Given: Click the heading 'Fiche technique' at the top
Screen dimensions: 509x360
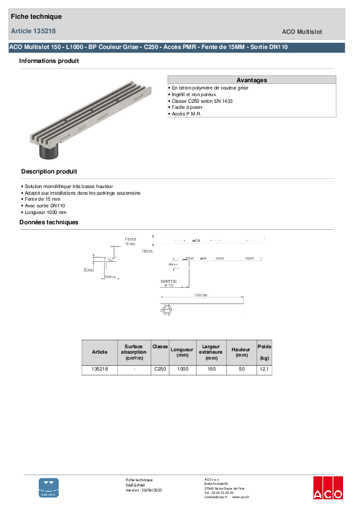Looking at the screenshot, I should tap(36, 17).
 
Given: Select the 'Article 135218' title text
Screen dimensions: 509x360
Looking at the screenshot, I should tap(34, 31).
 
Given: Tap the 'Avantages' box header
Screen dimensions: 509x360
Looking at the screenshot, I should tap(252, 80).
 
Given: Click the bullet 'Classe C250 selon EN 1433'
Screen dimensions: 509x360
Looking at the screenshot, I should tap(202, 101).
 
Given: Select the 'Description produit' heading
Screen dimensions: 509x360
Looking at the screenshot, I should tap(49, 172).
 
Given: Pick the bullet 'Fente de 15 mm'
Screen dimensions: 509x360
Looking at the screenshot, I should tap(42, 199).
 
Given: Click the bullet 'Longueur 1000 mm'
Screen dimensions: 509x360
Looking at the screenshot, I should tap(45, 212).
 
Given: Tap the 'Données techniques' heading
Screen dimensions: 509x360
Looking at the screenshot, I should tap(49, 222).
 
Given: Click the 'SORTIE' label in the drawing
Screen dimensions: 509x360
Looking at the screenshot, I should tap(168, 281).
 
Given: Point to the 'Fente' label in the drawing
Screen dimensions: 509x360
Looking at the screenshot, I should tap(130, 239).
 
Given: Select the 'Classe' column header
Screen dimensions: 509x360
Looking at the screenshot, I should tap(160, 346).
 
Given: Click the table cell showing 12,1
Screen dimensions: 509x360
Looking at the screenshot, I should tap(264, 369).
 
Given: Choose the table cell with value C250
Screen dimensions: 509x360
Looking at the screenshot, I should tap(160, 369).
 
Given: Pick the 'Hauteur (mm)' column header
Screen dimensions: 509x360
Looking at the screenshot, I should tap(241, 352).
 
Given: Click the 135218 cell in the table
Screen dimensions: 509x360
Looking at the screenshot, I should tap(99, 369).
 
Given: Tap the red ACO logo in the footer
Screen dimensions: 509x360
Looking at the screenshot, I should tap(327, 487).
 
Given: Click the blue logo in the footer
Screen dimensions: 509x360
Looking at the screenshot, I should tap(49, 487).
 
